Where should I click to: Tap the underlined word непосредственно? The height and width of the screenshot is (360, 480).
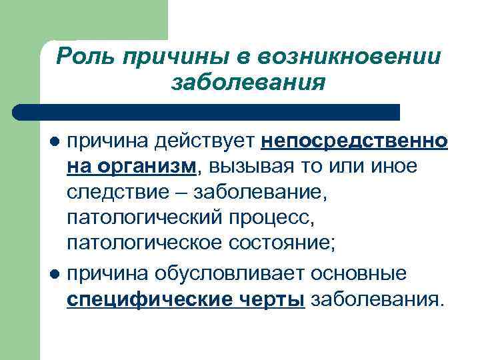[355, 142]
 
